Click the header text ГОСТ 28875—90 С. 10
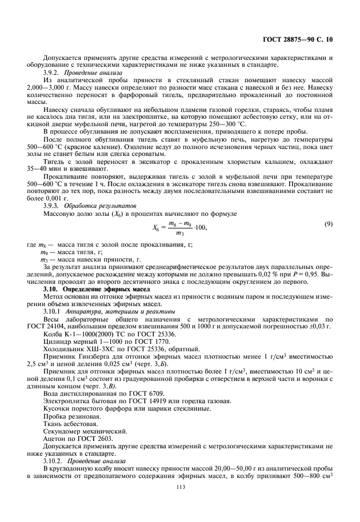tap(301, 42)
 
